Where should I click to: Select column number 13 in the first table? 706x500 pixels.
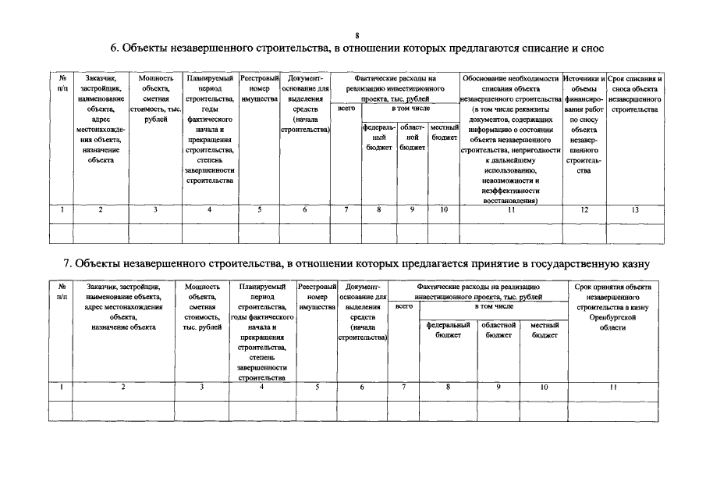click(x=634, y=209)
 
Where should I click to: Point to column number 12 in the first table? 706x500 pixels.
click(x=584, y=209)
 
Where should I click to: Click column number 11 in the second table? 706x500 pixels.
click(x=612, y=387)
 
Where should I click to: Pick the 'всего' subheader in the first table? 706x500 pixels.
click(x=346, y=109)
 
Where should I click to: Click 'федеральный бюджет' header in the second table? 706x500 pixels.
click(x=448, y=330)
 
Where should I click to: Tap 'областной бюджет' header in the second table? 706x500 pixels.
click(x=498, y=330)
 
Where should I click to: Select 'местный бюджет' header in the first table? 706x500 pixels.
click(x=444, y=132)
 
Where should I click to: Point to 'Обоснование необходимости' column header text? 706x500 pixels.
click(x=510, y=79)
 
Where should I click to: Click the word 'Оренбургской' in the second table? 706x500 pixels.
click(x=612, y=318)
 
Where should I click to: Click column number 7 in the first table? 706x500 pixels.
click(x=346, y=209)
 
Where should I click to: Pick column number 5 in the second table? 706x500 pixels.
click(x=317, y=387)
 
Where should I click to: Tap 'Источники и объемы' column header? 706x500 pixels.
click(x=584, y=84)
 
